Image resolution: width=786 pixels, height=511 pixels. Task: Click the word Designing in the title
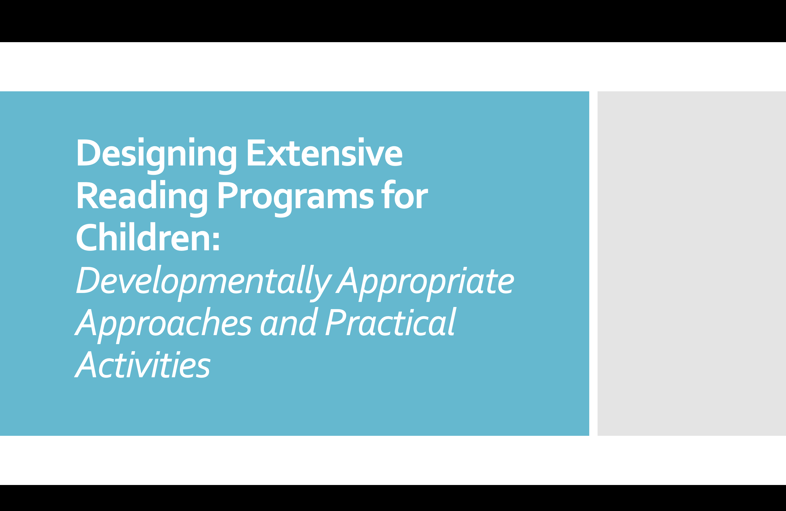point(156,155)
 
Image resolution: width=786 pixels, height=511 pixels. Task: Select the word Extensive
point(325,152)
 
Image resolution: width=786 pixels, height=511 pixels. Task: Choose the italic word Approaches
point(163,325)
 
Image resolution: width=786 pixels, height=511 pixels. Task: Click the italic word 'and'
point(289,322)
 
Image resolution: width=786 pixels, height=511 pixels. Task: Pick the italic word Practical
point(391,322)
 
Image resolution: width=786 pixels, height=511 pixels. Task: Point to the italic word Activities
point(142,364)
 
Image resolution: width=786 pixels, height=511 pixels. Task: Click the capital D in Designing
point(89,152)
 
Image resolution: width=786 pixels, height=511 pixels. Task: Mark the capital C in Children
point(87,237)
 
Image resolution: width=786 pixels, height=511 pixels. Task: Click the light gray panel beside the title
point(692,263)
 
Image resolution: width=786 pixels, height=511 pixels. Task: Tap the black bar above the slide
point(393,21)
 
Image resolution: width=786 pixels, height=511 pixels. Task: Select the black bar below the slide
point(393,498)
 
